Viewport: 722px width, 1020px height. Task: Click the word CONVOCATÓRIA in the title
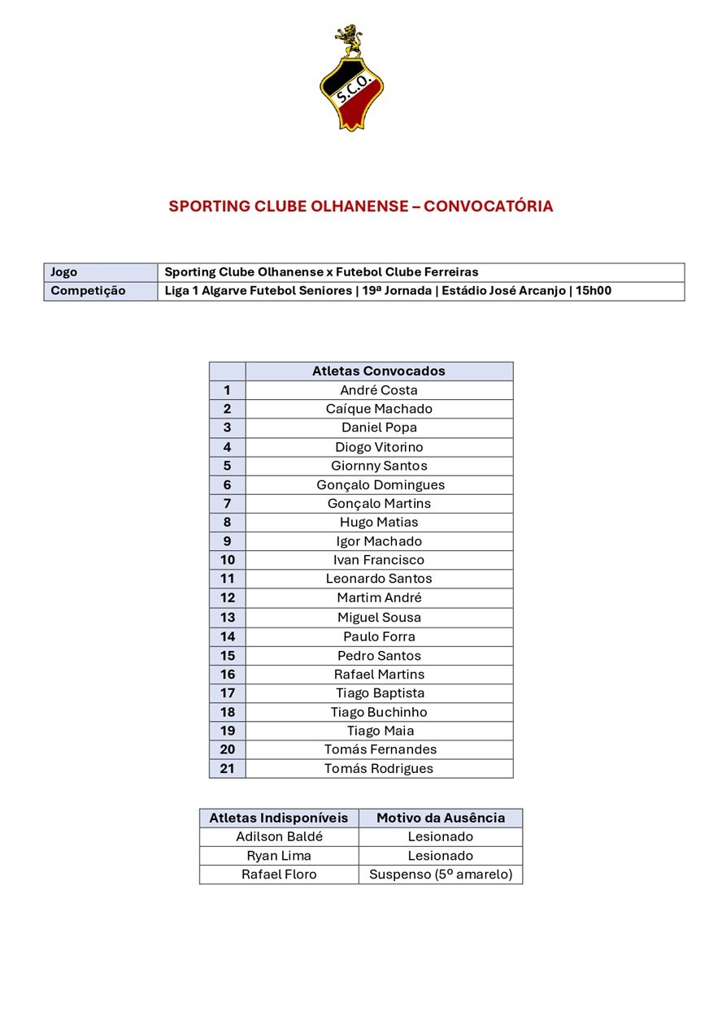pyautogui.click(x=488, y=206)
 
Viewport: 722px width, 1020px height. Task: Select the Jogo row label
pyautogui.click(x=64, y=272)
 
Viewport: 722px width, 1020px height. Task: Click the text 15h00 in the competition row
pyautogui.click(x=594, y=291)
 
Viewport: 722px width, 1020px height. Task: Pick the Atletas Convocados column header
pyautogui.click(x=379, y=371)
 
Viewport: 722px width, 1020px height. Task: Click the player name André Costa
pyautogui.click(x=379, y=390)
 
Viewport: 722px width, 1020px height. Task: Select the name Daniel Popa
pyautogui.click(x=379, y=428)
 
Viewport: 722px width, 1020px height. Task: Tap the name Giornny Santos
pyautogui.click(x=379, y=466)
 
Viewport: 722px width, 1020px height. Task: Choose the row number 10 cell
pyautogui.click(x=227, y=560)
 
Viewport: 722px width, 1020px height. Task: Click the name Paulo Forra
pyautogui.click(x=379, y=636)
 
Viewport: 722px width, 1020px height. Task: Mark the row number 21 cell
pyautogui.click(x=227, y=768)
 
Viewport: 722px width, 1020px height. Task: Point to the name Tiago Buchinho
pyautogui.click(x=379, y=712)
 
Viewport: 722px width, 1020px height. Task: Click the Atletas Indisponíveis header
pyautogui.click(x=279, y=818)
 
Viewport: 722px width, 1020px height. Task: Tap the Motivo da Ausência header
pyautogui.click(x=441, y=818)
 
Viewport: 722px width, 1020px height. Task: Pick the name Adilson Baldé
pyautogui.click(x=279, y=836)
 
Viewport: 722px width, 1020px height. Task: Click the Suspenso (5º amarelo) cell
pyautogui.click(x=441, y=875)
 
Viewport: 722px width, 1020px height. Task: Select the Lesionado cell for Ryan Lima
pyautogui.click(x=441, y=856)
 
